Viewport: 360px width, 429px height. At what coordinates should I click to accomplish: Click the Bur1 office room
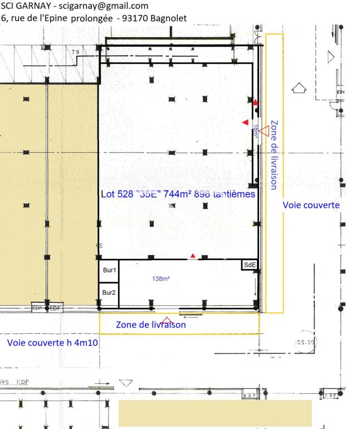point(109,270)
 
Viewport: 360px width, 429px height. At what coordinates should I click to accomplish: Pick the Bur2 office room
point(109,292)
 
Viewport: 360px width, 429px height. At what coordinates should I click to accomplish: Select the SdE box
point(250,265)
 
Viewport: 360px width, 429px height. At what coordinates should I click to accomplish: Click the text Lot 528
point(116,195)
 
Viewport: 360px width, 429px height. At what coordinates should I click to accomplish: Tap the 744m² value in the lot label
point(179,195)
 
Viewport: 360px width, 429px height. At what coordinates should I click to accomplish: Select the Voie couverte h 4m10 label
point(53,343)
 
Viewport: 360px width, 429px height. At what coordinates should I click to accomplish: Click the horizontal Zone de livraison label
point(150,324)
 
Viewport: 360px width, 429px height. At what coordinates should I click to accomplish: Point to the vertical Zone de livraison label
point(274,155)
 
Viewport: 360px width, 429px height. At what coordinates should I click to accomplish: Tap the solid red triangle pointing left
point(245,122)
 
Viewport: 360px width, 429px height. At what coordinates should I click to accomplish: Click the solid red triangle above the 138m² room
point(193,256)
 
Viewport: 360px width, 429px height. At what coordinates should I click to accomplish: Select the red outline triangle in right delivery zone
point(264,130)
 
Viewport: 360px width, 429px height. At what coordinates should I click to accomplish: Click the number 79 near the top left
point(75,52)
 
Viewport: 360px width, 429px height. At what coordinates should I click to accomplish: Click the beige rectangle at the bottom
point(215,413)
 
